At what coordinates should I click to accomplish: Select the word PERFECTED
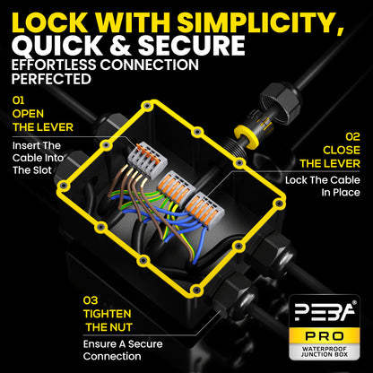[51, 79]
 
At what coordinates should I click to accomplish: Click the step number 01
[18, 100]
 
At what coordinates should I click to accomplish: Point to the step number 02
[352, 137]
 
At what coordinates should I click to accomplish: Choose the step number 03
[91, 300]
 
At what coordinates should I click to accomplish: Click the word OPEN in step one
[28, 114]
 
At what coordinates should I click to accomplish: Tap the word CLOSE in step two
[342, 150]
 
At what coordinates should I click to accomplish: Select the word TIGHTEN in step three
[108, 314]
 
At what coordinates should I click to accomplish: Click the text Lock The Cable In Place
[323, 186]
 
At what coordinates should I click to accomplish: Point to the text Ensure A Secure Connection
[123, 350]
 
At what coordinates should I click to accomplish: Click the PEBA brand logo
[325, 311]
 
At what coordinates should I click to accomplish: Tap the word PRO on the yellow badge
[325, 336]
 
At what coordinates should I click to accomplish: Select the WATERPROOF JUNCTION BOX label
[325, 351]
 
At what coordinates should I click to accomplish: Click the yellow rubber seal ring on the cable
[245, 135]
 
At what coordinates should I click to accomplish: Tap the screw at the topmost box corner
[146, 106]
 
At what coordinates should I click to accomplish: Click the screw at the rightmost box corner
[279, 204]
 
